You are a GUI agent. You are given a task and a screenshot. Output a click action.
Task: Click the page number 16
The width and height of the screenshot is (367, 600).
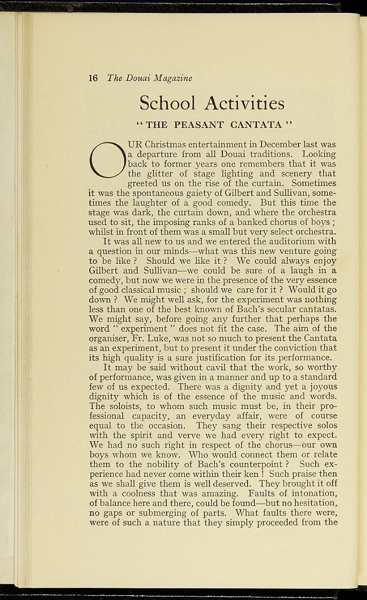(x=93, y=78)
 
